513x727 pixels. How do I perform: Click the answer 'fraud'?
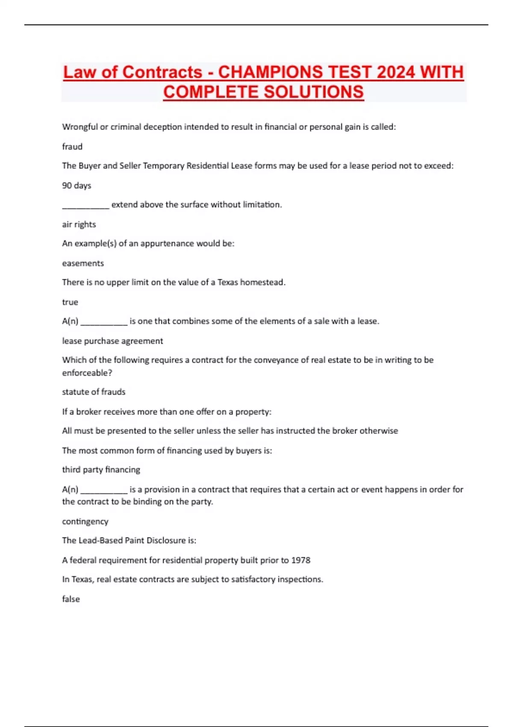point(72,147)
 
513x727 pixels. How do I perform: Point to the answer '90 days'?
point(77,186)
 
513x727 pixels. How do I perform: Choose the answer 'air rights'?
point(79,225)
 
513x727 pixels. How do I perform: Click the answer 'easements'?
point(83,263)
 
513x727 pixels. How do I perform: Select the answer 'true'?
point(70,302)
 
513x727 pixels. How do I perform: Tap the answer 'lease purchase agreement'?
point(112,341)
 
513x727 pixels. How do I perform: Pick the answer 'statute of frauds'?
point(94,392)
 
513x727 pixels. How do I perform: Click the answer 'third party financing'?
point(101,470)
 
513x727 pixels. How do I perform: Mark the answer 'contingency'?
point(85,522)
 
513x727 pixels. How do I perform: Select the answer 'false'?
point(71,599)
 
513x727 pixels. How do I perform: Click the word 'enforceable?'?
point(87,373)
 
